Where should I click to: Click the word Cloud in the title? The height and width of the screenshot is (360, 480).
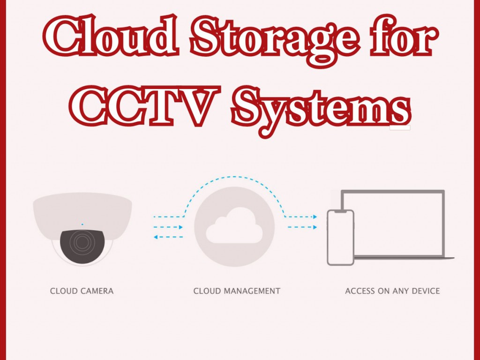(x=111, y=35)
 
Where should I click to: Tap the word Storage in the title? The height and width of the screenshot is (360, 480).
(x=274, y=40)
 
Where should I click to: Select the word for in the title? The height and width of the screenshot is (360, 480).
(x=405, y=35)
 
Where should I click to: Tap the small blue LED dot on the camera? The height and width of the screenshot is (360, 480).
(x=82, y=225)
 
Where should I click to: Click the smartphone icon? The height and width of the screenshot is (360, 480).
(x=341, y=237)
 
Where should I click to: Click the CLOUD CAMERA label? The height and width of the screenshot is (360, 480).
(x=82, y=291)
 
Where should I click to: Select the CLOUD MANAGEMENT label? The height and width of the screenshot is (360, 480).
(x=237, y=291)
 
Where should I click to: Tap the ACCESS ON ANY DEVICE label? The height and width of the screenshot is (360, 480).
(x=392, y=291)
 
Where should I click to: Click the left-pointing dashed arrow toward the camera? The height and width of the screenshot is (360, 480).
(x=168, y=237)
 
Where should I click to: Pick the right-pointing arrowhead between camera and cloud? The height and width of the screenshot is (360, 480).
(x=180, y=227)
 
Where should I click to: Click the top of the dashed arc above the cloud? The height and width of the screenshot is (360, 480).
(x=234, y=177)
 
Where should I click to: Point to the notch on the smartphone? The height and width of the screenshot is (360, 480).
(x=341, y=211)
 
